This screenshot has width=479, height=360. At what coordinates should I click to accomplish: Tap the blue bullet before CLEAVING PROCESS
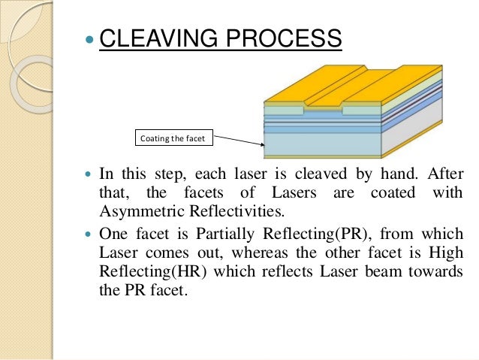(90, 38)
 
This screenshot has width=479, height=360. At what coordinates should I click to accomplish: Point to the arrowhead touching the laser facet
(262, 144)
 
